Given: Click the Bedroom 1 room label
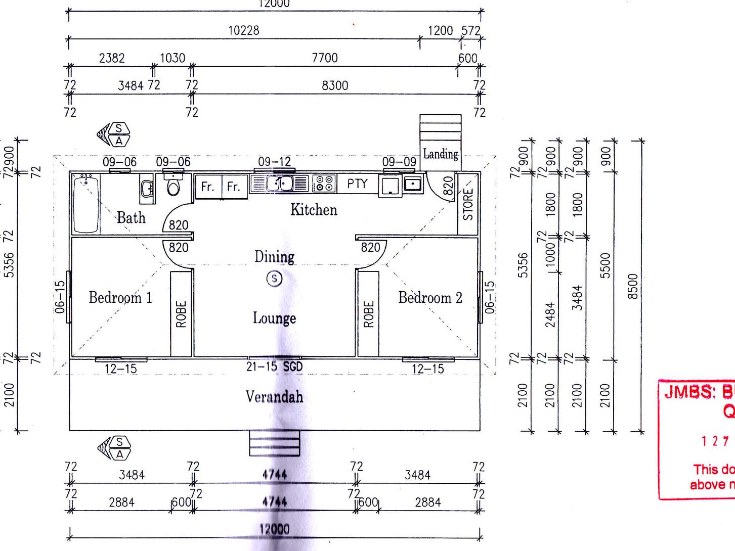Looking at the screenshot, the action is (120, 297).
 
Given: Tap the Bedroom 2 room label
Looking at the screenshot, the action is (430, 298).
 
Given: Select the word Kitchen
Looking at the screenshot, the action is (314, 209).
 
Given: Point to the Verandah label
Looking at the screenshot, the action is (274, 396).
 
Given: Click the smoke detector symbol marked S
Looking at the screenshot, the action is (274, 278).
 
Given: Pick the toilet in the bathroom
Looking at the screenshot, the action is (174, 186).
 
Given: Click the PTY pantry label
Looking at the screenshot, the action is (357, 183).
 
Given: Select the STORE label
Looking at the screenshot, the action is (468, 204).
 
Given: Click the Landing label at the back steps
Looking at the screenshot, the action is (441, 154).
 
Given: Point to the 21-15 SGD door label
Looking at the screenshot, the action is (274, 366).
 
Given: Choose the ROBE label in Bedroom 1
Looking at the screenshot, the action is (181, 314).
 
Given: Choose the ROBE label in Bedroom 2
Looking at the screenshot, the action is (368, 314).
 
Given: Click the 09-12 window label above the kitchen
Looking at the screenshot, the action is (274, 162).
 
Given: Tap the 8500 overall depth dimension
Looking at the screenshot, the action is (633, 286).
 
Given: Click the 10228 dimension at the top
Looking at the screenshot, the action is (244, 30).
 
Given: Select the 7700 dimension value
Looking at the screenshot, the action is (325, 58).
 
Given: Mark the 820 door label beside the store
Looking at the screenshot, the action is (448, 186).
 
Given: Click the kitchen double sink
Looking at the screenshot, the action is (280, 183).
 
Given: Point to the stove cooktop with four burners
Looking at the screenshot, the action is (324, 183).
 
